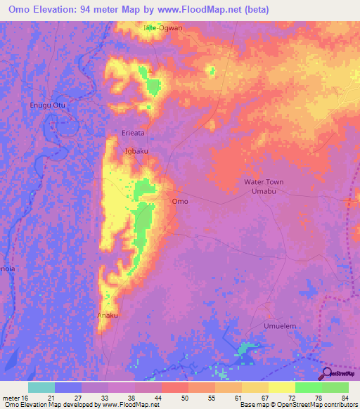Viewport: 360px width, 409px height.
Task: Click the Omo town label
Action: coord(180,201)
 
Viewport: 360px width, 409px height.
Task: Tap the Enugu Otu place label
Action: coord(46,105)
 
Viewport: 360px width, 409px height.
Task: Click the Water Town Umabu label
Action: coord(264,186)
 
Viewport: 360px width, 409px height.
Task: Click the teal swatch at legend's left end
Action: coord(41,387)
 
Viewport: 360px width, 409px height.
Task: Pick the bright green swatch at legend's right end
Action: coord(335,387)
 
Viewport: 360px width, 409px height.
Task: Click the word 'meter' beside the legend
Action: coord(11,397)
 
